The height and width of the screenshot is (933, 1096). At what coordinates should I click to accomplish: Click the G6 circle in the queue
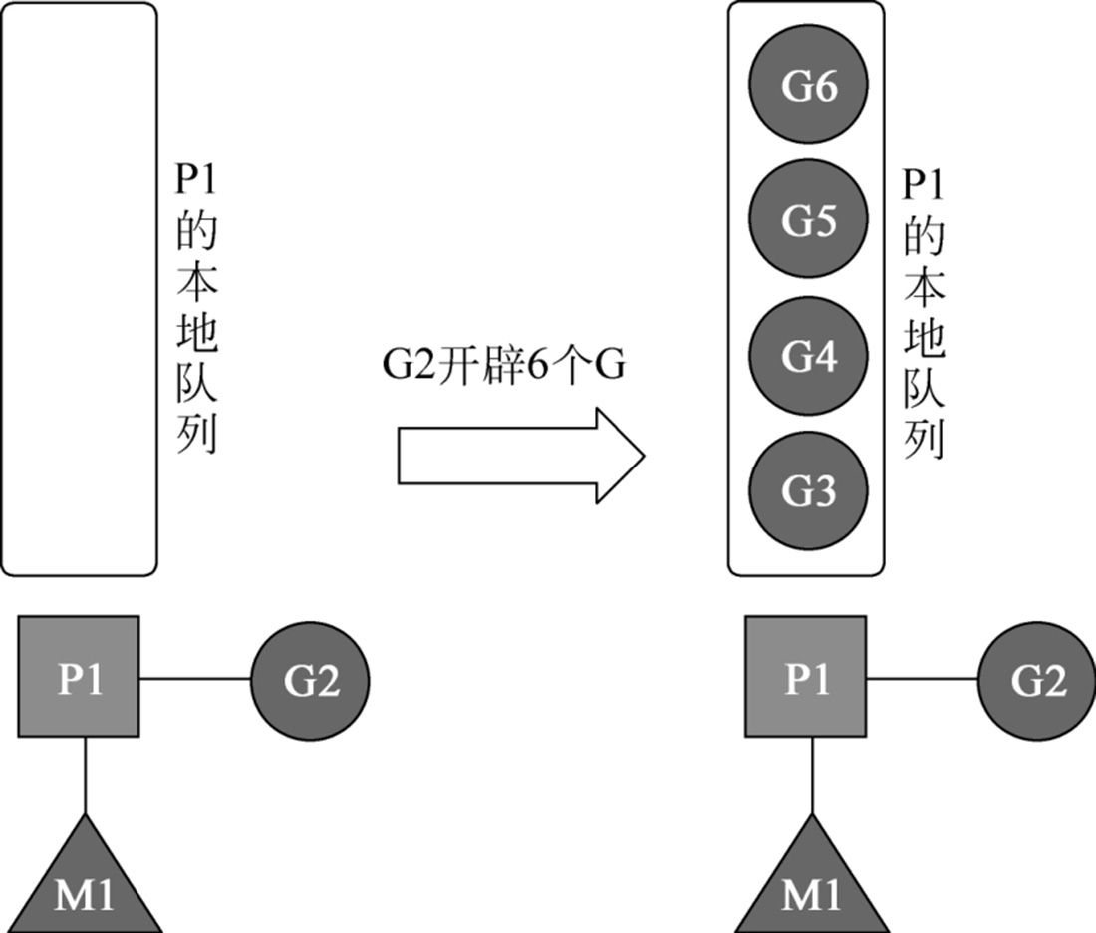pyautogui.click(x=807, y=88)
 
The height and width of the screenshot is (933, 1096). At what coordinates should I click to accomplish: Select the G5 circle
pyautogui.click(x=807, y=221)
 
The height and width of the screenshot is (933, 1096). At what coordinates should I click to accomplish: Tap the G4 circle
pyautogui.click(x=807, y=356)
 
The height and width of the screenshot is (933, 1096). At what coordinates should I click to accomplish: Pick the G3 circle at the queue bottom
pyautogui.click(x=807, y=490)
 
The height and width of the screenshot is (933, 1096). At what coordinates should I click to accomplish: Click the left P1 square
pyautogui.click(x=79, y=678)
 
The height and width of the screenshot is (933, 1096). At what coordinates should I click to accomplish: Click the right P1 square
pyautogui.click(x=806, y=678)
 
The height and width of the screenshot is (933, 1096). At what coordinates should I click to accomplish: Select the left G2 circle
pyautogui.click(x=310, y=682)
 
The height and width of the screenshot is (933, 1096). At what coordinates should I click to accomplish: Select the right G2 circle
pyautogui.click(x=1037, y=682)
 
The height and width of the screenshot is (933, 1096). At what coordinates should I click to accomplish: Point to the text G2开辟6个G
pyautogui.click(x=504, y=366)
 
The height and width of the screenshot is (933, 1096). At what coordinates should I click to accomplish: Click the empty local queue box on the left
pyautogui.click(x=79, y=289)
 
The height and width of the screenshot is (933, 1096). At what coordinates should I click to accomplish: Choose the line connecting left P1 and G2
pyautogui.click(x=194, y=679)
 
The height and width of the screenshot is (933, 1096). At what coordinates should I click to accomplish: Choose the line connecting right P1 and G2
pyautogui.click(x=922, y=679)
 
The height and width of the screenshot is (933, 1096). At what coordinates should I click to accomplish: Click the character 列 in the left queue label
pyautogui.click(x=196, y=437)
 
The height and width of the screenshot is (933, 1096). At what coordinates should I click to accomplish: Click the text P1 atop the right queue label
pyautogui.click(x=923, y=185)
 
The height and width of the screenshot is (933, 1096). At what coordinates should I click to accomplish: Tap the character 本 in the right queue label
pyautogui.click(x=923, y=288)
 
